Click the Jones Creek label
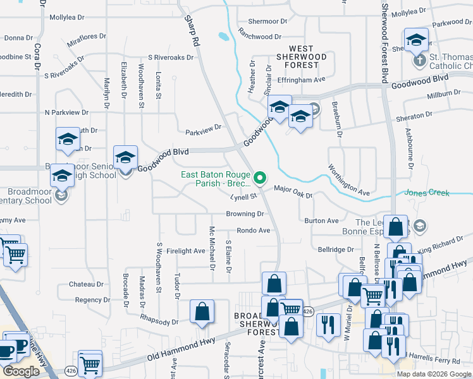point(440,192)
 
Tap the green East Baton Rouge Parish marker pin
point(259,180)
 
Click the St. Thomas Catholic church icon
point(418,61)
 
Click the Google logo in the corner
point(21,371)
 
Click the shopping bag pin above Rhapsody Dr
point(202,311)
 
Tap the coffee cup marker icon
point(7,351)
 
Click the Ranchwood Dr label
point(260,37)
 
